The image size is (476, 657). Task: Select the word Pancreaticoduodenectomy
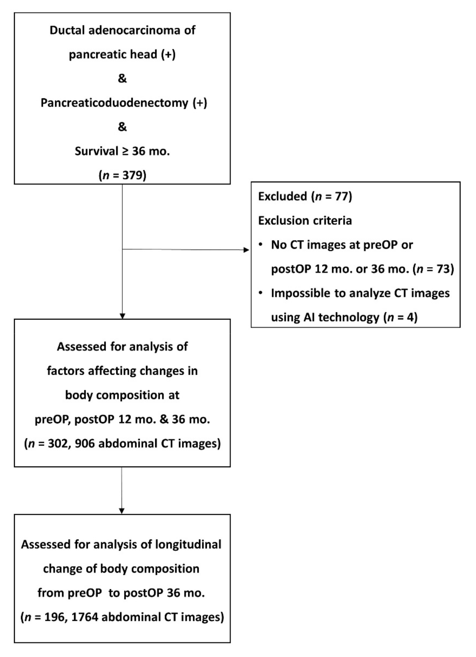(x=114, y=103)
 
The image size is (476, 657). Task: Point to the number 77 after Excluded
(x=341, y=196)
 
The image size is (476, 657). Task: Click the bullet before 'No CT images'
(x=261, y=245)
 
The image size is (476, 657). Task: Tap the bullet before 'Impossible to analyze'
(x=261, y=293)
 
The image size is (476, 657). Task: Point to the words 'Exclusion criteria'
(x=305, y=221)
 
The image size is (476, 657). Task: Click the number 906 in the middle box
(x=85, y=443)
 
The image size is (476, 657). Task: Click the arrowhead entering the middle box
(x=122, y=316)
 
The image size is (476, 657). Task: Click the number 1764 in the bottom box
(x=85, y=617)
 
